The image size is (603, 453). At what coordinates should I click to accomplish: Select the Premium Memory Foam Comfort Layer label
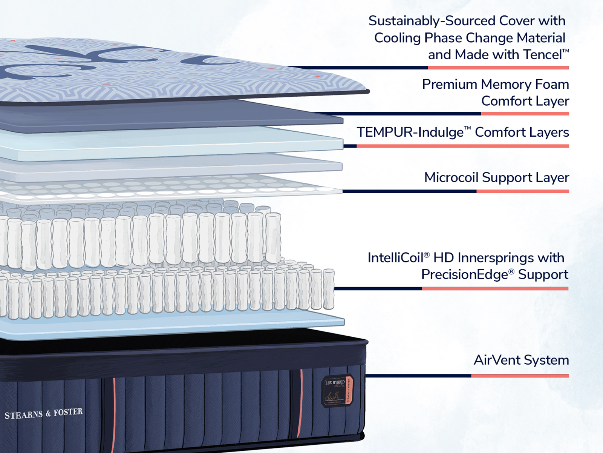[495, 92]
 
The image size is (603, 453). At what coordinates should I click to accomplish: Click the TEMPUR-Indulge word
[410, 133]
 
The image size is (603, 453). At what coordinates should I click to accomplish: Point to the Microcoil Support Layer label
[496, 177]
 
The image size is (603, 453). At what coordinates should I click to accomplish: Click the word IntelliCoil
[395, 258]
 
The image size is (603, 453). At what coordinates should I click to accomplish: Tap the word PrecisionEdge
[464, 274]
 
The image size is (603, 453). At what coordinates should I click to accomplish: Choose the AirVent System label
[521, 360]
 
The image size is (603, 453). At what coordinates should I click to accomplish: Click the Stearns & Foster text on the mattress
[44, 413]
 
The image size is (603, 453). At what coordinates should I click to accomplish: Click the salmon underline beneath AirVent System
[520, 376]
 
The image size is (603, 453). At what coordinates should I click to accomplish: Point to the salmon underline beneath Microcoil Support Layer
[522, 191]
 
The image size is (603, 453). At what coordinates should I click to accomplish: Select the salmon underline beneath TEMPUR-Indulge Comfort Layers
[462, 146]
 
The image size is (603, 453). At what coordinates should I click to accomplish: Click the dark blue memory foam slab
[170, 115]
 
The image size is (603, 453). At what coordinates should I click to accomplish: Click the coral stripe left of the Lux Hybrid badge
[301, 404]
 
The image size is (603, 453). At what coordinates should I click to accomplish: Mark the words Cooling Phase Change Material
[470, 38]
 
